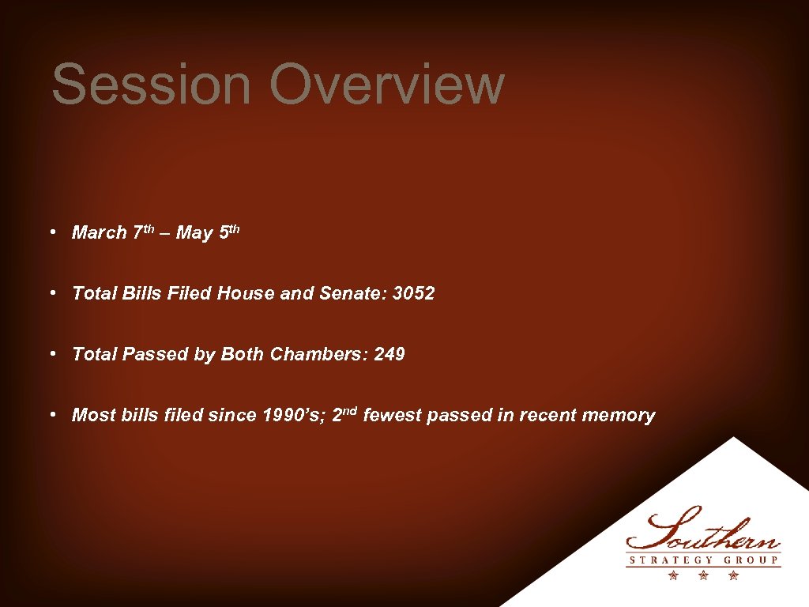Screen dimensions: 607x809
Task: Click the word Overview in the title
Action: pyautogui.click(x=386, y=85)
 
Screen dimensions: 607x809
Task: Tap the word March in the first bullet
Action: pyautogui.click(x=100, y=233)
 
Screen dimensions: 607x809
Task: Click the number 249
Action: pyautogui.click(x=389, y=355)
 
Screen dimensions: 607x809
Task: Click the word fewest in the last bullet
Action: pyautogui.click(x=392, y=416)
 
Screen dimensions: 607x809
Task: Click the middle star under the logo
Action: pyautogui.click(x=704, y=576)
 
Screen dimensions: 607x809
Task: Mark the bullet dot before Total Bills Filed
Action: pyautogui.click(x=51, y=293)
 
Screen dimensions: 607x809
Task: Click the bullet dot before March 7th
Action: pyautogui.click(x=51, y=232)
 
